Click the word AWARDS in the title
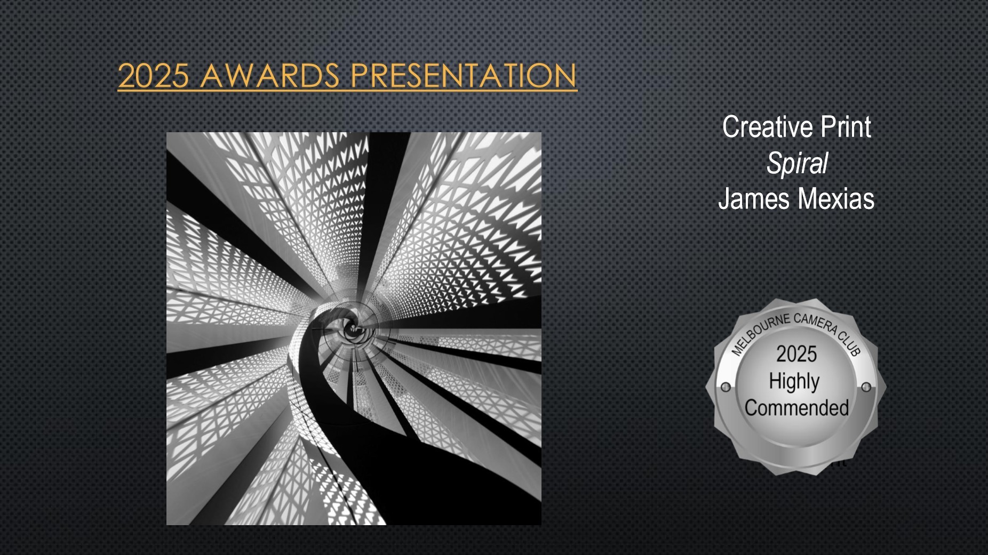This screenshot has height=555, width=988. pos(270,75)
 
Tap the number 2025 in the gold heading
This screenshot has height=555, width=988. pos(154,75)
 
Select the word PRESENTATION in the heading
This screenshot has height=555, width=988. pos(464,75)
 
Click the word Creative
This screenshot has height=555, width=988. pos(768,127)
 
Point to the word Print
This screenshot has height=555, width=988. pos(846,127)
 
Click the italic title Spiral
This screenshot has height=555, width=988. pos(797,163)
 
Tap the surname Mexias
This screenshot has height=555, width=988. pos(836,198)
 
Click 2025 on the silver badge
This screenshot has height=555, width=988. pos(796,354)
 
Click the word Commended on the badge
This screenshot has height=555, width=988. pos(796,408)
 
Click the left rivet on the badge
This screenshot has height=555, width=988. pos(726,388)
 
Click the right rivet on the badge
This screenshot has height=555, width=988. pos(866,387)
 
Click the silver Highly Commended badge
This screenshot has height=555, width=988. pos(795,387)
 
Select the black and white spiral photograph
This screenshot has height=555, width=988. pos(354,328)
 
